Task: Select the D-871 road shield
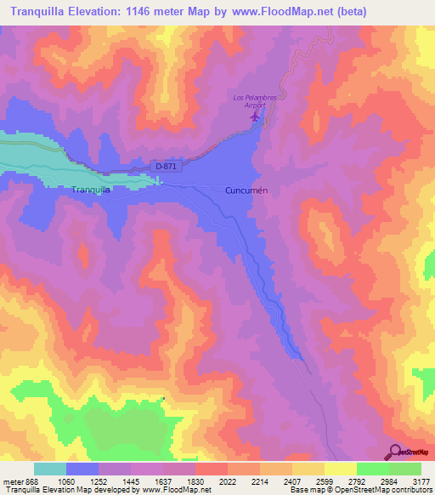coord(167,166)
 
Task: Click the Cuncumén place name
coord(247,191)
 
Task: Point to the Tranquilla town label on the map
coord(92,190)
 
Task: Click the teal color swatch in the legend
coord(50,469)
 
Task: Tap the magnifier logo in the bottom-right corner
coord(395,452)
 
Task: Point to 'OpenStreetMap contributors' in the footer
coord(385,489)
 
